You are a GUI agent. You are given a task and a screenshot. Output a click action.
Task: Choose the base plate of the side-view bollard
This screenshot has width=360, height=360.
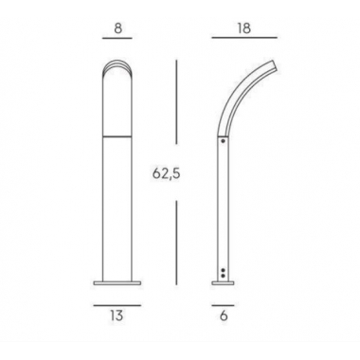pyautogui.click(x=224, y=281)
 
